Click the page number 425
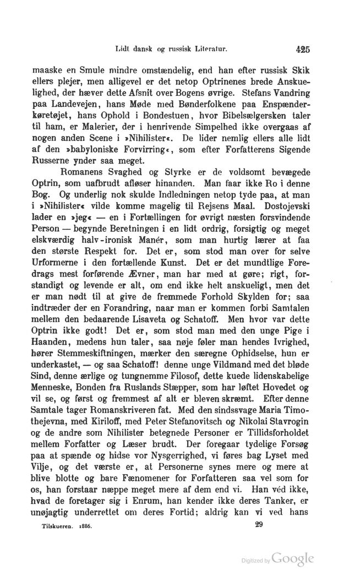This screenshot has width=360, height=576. click(302, 48)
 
